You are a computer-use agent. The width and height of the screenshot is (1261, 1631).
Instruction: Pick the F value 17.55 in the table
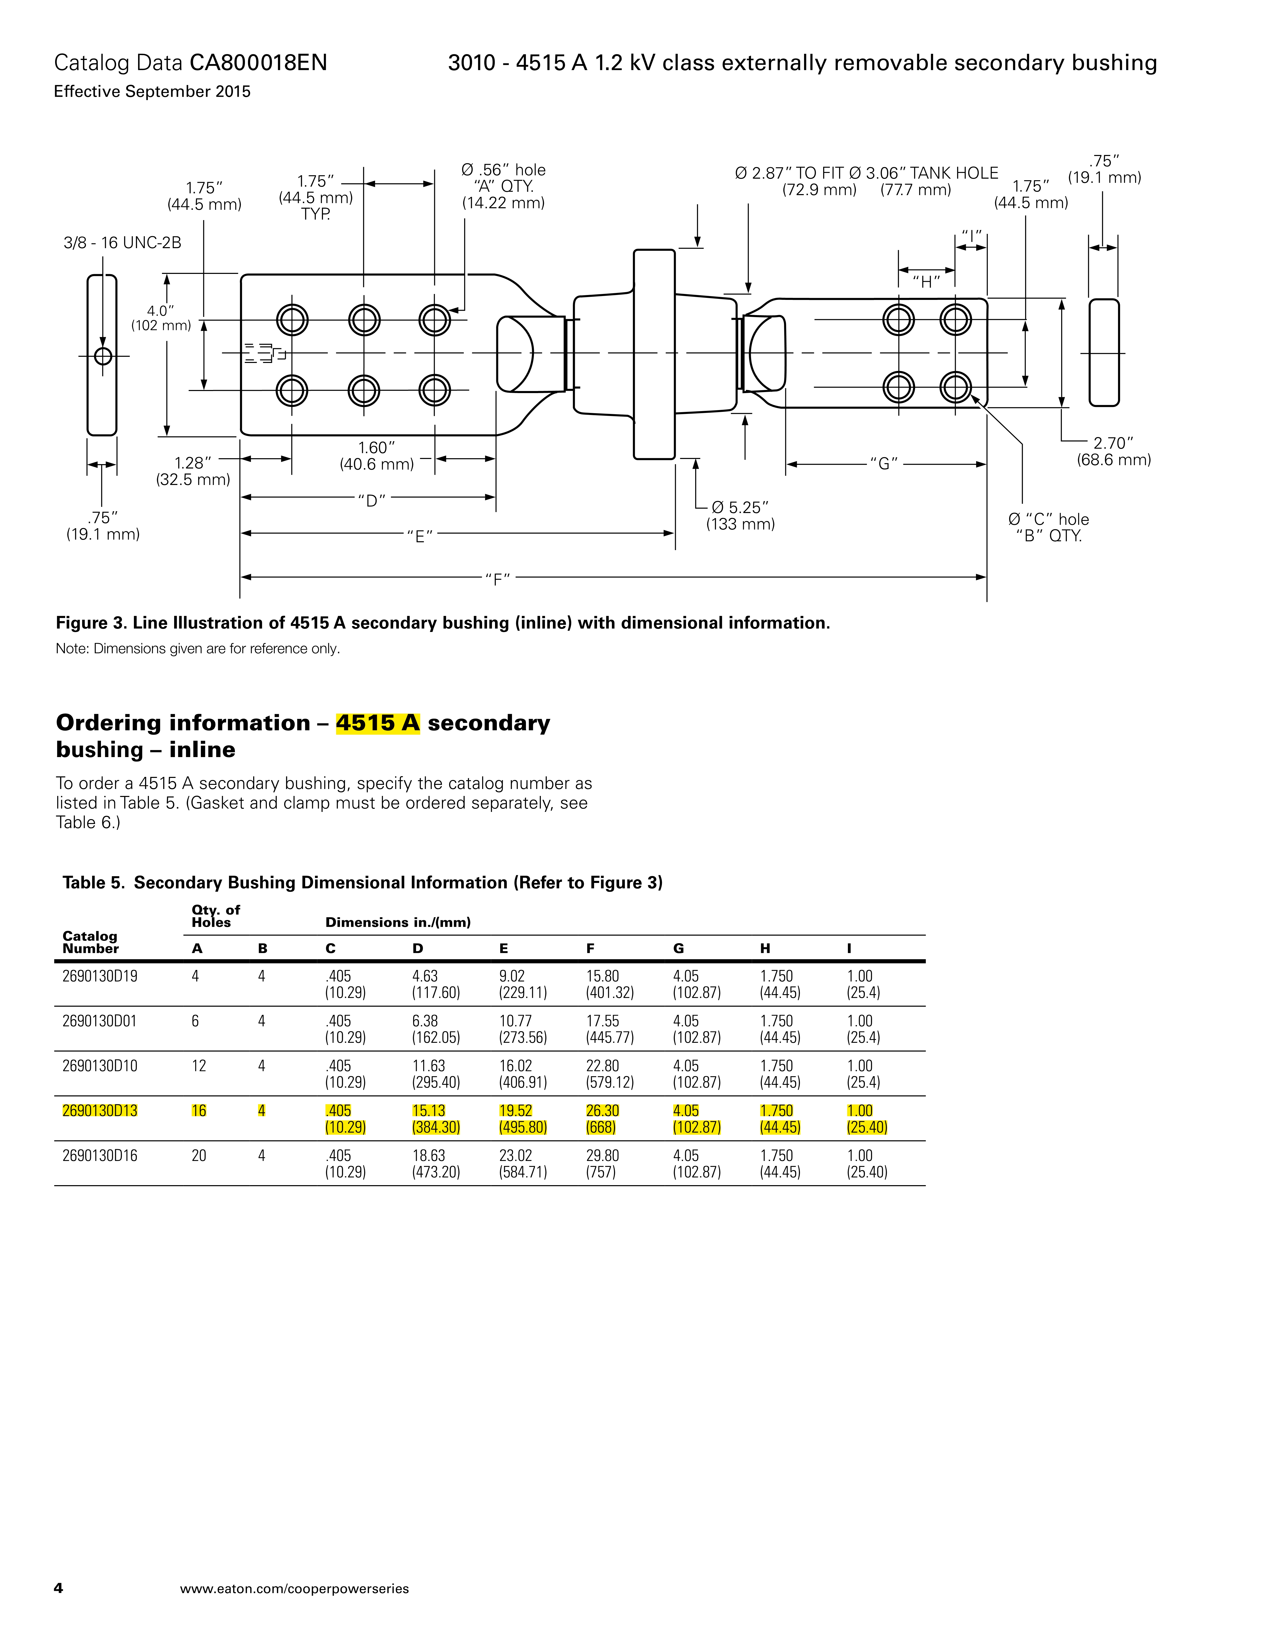pos(602,1021)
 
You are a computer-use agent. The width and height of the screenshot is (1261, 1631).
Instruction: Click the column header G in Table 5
pos(678,948)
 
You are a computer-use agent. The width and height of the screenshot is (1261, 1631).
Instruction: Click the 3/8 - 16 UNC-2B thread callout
pos(123,243)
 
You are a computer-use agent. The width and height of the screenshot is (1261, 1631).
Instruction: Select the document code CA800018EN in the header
pos(259,63)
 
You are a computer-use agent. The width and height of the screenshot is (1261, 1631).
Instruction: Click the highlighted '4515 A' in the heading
pos(377,723)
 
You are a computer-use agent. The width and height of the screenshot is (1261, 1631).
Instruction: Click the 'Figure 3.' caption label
pos(92,623)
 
